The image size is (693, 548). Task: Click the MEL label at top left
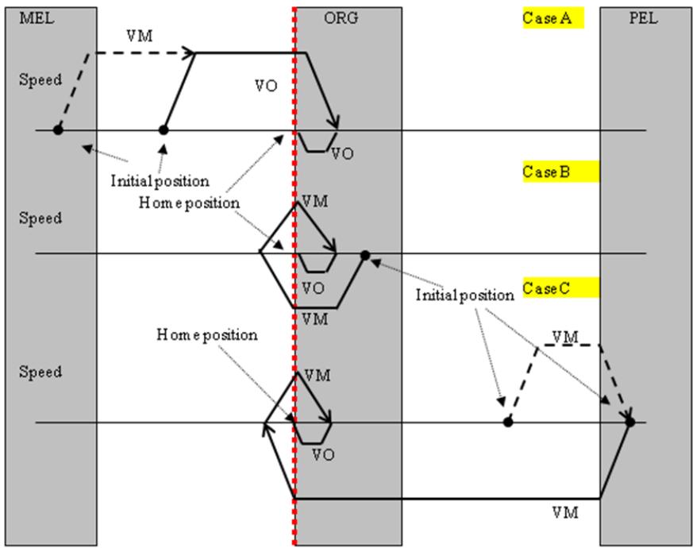click(x=37, y=18)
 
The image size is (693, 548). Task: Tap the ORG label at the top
click(x=341, y=18)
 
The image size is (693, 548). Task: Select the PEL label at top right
click(x=644, y=18)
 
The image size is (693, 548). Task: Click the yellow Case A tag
click(x=553, y=18)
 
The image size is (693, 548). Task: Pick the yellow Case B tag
click(x=561, y=172)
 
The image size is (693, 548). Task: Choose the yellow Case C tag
click(x=561, y=288)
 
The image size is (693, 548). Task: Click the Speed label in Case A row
click(x=40, y=80)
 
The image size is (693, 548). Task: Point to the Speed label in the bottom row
click(x=40, y=372)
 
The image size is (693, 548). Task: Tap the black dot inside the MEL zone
click(x=58, y=130)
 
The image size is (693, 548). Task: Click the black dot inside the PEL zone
click(x=630, y=423)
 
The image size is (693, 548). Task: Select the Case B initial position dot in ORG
click(x=365, y=255)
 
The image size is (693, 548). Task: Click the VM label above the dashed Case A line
click(x=140, y=37)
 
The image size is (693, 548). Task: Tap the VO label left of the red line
click(x=266, y=86)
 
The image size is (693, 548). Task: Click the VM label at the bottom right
click(x=565, y=513)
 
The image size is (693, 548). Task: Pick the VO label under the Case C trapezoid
click(x=323, y=454)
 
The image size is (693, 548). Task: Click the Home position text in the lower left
click(x=207, y=335)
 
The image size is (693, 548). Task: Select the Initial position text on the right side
click(x=465, y=295)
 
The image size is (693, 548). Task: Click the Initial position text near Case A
click(x=160, y=181)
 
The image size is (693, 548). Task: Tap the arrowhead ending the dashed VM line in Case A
click(x=191, y=52)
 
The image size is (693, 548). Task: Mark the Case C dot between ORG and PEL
click(x=508, y=423)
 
